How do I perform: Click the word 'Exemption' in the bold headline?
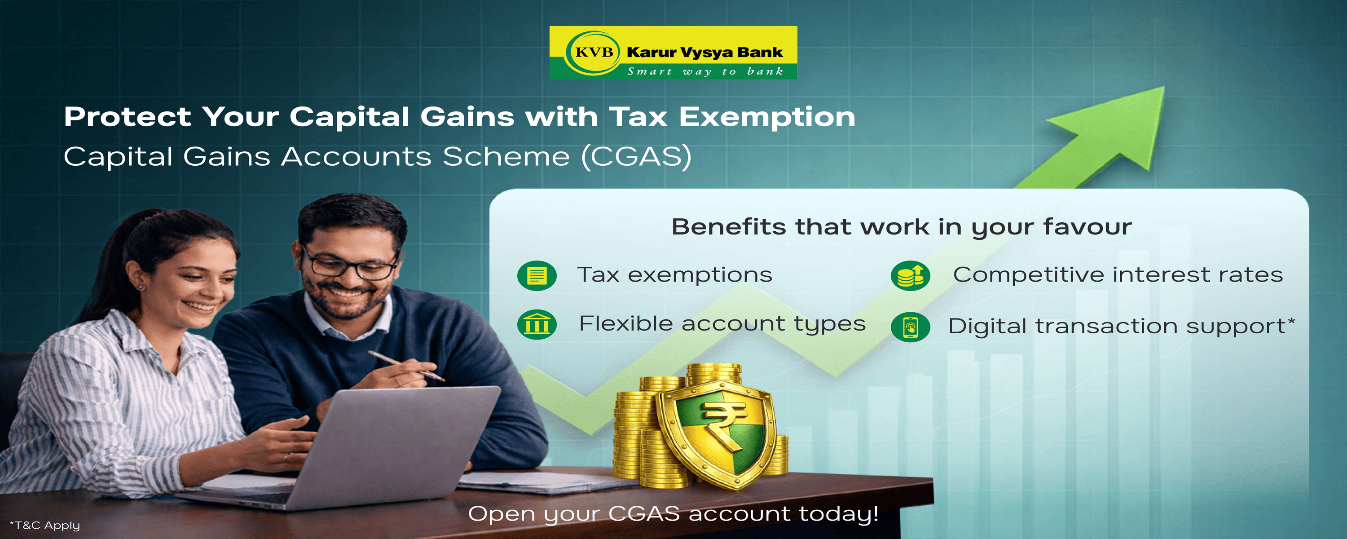tap(766, 117)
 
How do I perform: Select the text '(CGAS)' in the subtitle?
tap(636, 156)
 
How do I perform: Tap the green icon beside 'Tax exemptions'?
tap(537, 275)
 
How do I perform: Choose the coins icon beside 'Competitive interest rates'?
tap(911, 275)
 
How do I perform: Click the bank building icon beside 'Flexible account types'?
tap(537, 324)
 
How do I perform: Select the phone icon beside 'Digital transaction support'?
tap(911, 327)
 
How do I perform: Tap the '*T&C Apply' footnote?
tap(45, 525)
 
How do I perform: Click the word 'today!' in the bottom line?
tap(839, 514)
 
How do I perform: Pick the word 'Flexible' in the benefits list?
tap(625, 324)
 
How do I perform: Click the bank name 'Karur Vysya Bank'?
tap(704, 53)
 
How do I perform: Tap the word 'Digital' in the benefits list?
tap(987, 327)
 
